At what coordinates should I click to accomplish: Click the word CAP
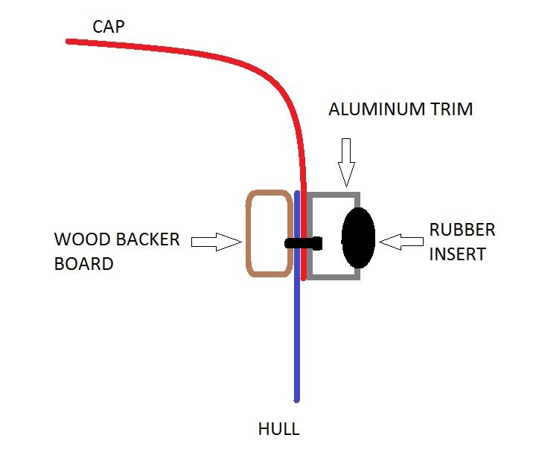click(x=109, y=27)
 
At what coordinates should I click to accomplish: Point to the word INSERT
click(x=457, y=254)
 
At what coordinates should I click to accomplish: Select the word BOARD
click(x=83, y=263)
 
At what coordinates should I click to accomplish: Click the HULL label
click(x=278, y=429)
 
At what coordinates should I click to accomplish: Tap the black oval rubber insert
click(x=358, y=238)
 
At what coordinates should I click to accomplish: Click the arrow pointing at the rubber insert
click(x=401, y=241)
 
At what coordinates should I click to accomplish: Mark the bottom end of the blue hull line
click(x=296, y=399)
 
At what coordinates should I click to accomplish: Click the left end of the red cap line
click(x=69, y=41)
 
